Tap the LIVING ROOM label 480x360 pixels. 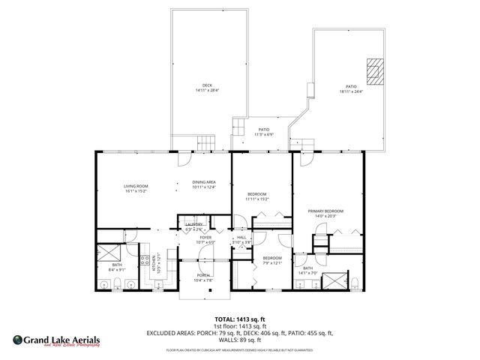point(136,186)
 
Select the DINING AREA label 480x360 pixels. point(203,182)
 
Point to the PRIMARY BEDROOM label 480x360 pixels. point(325,211)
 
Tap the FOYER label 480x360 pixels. point(205,238)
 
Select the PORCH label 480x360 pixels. point(203,275)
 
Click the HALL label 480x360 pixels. point(241,238)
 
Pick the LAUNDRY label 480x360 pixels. point(194,224)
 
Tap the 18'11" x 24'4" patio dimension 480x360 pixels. point(350,91)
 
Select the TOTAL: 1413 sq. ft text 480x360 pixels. point(240,318)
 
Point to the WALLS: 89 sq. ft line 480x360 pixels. point(240,339)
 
